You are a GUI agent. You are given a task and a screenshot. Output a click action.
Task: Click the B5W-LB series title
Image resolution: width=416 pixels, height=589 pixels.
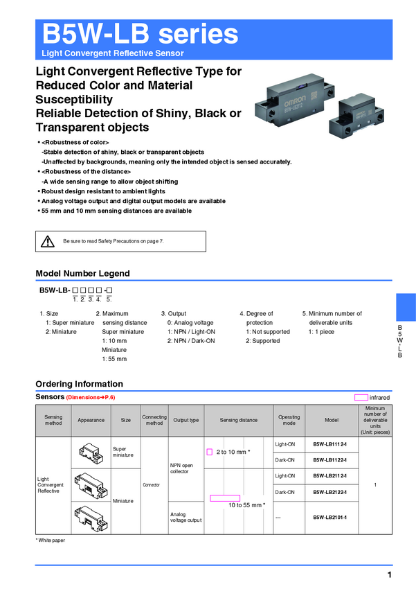tap(140, 34)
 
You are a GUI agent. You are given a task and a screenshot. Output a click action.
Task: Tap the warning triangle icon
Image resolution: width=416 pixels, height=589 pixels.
tap(48, 241)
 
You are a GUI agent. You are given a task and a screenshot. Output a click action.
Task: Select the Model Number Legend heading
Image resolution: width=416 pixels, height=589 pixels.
tap(82, 273)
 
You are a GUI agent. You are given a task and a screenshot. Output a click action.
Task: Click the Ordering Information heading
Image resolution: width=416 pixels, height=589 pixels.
tap(79, 384)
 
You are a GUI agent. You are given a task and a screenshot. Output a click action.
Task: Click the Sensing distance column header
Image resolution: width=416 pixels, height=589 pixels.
tap(238, 420)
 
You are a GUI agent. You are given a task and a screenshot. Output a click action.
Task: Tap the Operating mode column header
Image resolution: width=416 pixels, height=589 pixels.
tap(289, 420)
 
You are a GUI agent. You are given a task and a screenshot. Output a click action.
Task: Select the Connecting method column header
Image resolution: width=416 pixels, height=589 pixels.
tap(154, 420)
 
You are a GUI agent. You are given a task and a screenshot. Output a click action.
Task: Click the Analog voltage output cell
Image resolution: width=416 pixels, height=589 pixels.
tap(186, 517)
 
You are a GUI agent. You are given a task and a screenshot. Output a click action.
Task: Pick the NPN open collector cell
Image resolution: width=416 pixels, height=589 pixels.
tap(182, 468)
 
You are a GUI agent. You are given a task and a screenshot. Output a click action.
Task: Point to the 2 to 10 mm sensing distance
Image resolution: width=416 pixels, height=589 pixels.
tap(232, 452)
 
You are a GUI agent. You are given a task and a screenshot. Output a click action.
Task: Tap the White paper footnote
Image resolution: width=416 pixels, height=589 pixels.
tap(51, 540)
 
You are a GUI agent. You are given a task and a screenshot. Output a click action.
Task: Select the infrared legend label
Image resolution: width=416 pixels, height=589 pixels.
tap(379, 398)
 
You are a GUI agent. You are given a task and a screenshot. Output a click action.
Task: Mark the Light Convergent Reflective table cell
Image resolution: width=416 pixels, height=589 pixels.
tap(48, 484)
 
